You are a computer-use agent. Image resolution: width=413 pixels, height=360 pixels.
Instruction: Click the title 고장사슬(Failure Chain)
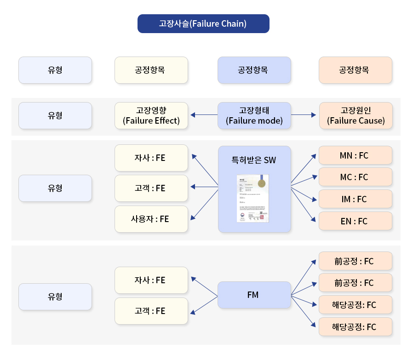(x=203, y=24)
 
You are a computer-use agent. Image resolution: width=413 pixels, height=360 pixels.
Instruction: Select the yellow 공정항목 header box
(x=151, y=70)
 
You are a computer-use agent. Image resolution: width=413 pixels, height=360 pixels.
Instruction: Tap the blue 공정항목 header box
(x=254, y=70)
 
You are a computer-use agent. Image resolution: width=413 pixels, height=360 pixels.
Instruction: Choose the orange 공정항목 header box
(x=355, y=70)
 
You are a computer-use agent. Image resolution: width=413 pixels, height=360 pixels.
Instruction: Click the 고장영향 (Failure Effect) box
(x=151, y=115)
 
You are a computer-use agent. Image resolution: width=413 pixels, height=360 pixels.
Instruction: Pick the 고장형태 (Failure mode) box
(x=254, y=115)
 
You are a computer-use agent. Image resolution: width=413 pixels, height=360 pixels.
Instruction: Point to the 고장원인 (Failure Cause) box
(x=356, y=115)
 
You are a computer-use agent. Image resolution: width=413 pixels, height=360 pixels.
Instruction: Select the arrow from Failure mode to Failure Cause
(x=304, y=115)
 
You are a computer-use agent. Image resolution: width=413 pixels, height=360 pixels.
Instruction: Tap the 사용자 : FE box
(x=151, y=219)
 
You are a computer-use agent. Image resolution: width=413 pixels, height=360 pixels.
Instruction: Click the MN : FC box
(x=355, y=155)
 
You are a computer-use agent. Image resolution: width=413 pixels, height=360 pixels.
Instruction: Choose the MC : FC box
(x=355, y=177)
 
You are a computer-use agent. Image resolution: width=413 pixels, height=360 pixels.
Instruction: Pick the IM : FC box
(x=355, y=199)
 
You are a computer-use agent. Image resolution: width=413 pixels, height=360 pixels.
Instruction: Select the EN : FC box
(x=355, y=221)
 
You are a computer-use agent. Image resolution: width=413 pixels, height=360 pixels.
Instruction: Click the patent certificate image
(x=252, y=198)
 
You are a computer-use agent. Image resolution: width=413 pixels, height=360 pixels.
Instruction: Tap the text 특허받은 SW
(x=254, y=160)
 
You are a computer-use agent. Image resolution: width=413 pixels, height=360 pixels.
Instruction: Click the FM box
(x=254, y=295)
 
